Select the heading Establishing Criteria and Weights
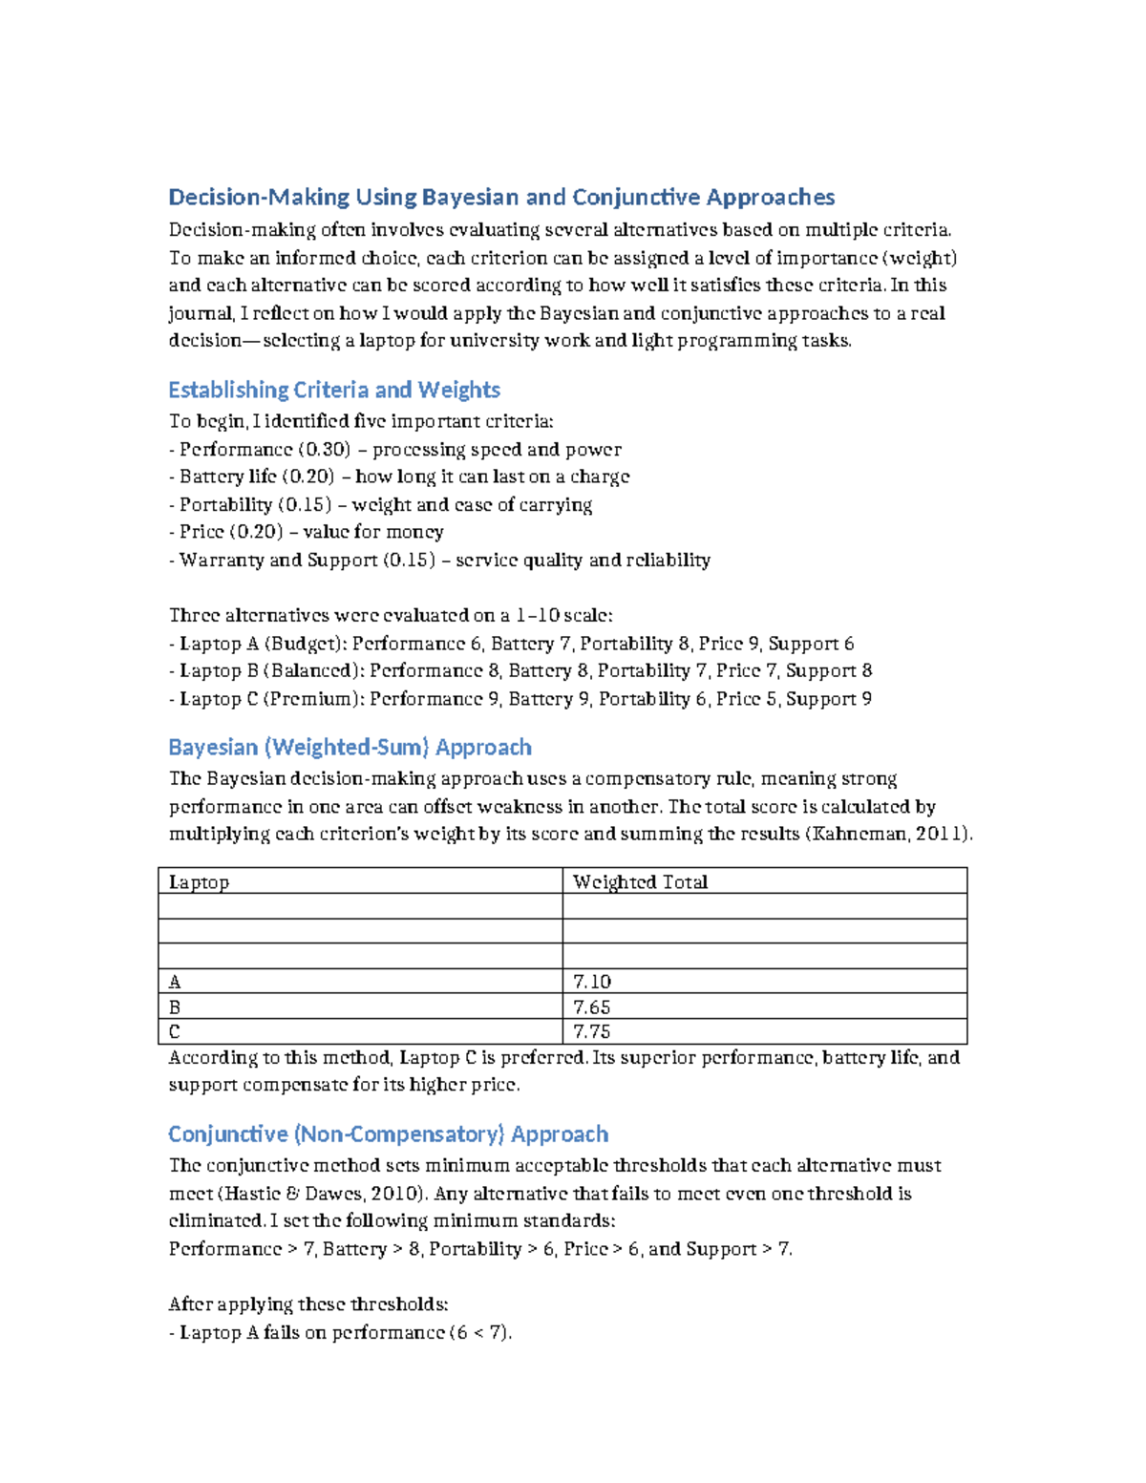pyautogui.click(x=334, y=390)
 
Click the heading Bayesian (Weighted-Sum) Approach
pyautogui.click(x=350, y=747)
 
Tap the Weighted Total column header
pyautogui.click(x=640, y=881)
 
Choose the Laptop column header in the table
pyautogui.click(x=199, y=881)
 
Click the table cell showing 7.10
pyautogui.click(x=591, y=982)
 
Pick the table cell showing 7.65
pyautogui.click(x=591, y=1006)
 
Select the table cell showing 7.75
pyautogui.click(x=591, y=1031)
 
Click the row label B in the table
pyautogui.click(x=175, y=1006)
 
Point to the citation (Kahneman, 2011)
pyautogui.click(x=889, y=834)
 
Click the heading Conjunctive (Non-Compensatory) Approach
pyautogui.click(x=388, y=1133)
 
